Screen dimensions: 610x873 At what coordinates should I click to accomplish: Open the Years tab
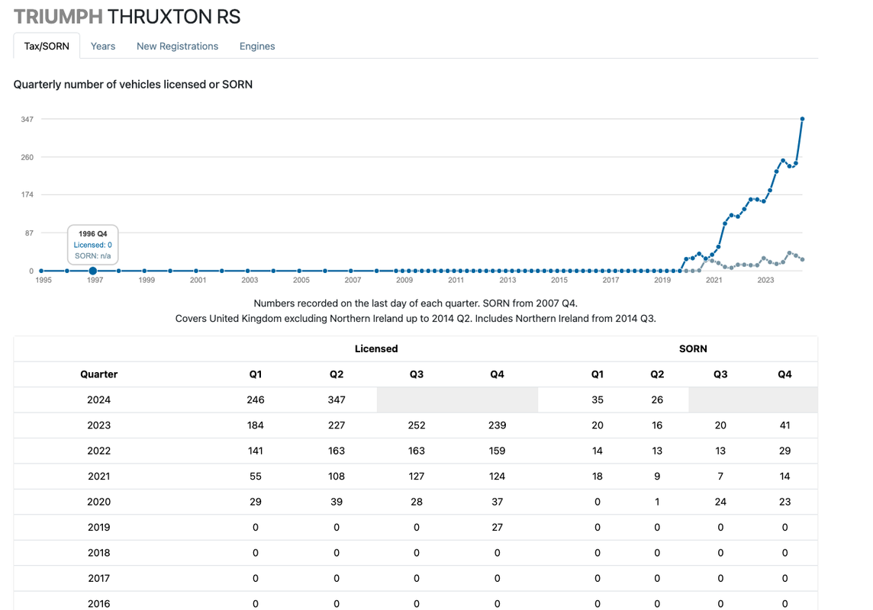click(x=103, y=46)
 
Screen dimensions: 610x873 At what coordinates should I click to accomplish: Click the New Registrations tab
click(x=177, y=46)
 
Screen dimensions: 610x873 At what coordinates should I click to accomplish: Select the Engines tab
click(x=257, y=46)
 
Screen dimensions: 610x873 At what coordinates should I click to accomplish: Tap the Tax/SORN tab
click(x=47, y=46)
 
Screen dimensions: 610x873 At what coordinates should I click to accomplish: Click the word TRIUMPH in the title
click(x=58, y=17)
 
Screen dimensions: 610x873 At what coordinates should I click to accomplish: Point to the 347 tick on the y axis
click(x=27, y=119)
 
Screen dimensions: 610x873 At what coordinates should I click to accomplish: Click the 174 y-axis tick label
click(x=27, y=194)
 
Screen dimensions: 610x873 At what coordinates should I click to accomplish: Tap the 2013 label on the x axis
click(x=507, y=281)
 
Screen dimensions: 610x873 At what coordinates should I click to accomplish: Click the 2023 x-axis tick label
click(x=765, y=281)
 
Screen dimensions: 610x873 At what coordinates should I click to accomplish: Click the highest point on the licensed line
click(x=802, y=119)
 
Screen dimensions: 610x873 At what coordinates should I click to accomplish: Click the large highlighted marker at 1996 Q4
click(x=92, y=271)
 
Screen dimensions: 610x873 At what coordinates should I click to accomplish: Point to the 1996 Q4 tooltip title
click(x=92, y=233)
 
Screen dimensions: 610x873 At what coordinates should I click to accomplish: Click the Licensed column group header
click(x=376, y=348)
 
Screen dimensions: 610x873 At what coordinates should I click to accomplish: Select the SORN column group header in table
click(x=692, y=348)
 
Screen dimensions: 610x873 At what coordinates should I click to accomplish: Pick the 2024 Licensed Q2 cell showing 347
click(x=337, y=400)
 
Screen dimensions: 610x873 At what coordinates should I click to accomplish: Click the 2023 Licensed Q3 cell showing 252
click(x=417, y=425)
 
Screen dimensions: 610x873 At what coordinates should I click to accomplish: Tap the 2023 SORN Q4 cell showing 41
click(x=784, y=425)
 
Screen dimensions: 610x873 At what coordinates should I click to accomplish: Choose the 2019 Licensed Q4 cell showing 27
click(x=497, y=527)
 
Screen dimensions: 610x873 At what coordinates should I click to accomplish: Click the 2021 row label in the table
click(x=98, y=477)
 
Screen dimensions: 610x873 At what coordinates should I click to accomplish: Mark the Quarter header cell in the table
click(x=98, y=374)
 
